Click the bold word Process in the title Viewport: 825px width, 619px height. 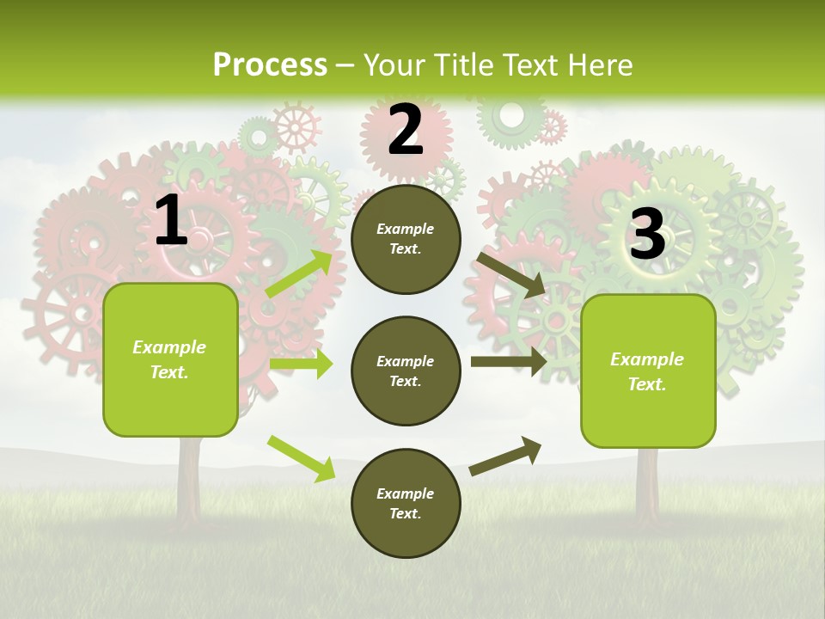click(x=270, y=64)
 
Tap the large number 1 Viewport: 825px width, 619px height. click(x=171, y=221)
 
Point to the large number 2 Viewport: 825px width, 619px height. click(x=406, y=130)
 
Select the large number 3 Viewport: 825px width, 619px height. click(x=647, y=234)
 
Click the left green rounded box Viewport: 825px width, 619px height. click(x=170, y=359)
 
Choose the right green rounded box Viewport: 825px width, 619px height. click(x=648, y=371)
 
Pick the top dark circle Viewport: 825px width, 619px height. click(x=406, y=239)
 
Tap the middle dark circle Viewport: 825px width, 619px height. click(x=406, y=371)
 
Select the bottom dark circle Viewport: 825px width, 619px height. click(x=406, y=504)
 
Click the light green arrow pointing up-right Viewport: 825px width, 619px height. click(x=300, y=273)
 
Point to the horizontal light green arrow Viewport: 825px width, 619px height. click(x=301, y=364)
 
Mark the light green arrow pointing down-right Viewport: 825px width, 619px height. click(x=301, y=458)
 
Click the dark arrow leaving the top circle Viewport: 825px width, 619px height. click(x=512, y=274)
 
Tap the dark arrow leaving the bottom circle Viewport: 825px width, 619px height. click(x=505, y=456)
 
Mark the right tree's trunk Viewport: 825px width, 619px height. click(x=647, y=486)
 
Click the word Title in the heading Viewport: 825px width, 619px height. click(x=462, y=64)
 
